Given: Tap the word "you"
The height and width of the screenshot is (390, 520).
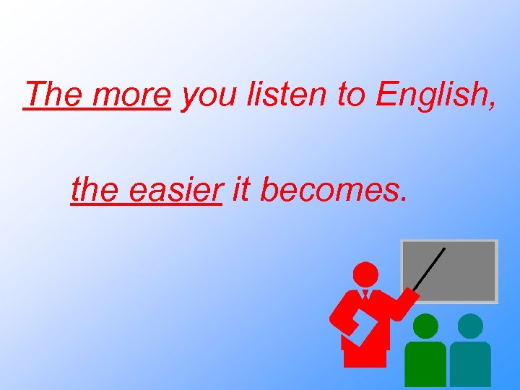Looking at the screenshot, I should [x=209, y=97].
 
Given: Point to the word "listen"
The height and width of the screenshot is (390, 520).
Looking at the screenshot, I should [x=282, y=94].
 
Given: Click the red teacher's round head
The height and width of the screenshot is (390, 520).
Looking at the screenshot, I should [x=365, y=274].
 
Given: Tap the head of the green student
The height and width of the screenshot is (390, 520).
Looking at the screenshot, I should [x=426, y=326].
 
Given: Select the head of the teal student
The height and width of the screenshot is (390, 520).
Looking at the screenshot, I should [x=470, y=326].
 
